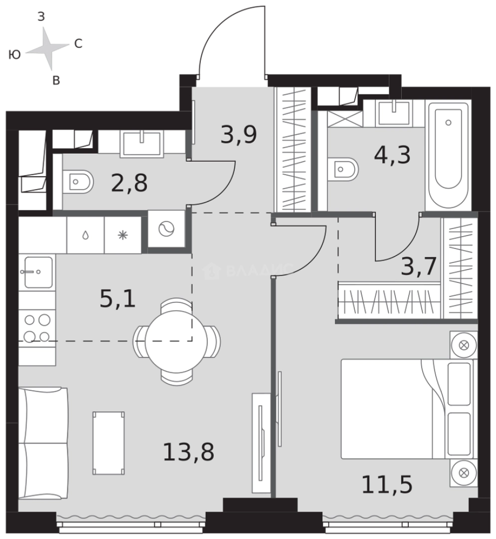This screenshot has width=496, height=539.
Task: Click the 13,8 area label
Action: click(188, 452)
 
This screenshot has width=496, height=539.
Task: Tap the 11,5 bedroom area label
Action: click(387, 484)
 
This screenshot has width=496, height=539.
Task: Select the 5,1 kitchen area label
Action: click(118, 298)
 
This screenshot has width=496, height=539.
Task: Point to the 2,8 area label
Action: click(130, 183)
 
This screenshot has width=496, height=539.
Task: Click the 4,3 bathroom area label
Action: click(392, 155)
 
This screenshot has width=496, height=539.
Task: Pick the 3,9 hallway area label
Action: click(239, 134)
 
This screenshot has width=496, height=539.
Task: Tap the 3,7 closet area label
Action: click(419, 266)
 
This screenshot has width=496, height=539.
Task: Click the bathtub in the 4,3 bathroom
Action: click(448, 155)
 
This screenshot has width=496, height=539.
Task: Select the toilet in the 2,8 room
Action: click(78, 181)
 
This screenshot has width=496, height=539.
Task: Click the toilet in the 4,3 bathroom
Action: click(343, 169)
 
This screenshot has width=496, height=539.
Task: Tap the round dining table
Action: click(176, 341)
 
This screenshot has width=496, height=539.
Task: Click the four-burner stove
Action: click(37, 328)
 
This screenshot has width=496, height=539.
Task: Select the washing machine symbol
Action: click(166, 229)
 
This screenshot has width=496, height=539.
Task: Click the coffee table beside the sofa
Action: click(109, 443)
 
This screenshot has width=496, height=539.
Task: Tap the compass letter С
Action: click(78, 43)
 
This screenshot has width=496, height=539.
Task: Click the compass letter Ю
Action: click(15, 54)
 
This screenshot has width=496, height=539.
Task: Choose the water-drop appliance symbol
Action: click(85, 235)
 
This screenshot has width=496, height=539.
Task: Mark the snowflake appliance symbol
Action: click(123, 235)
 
